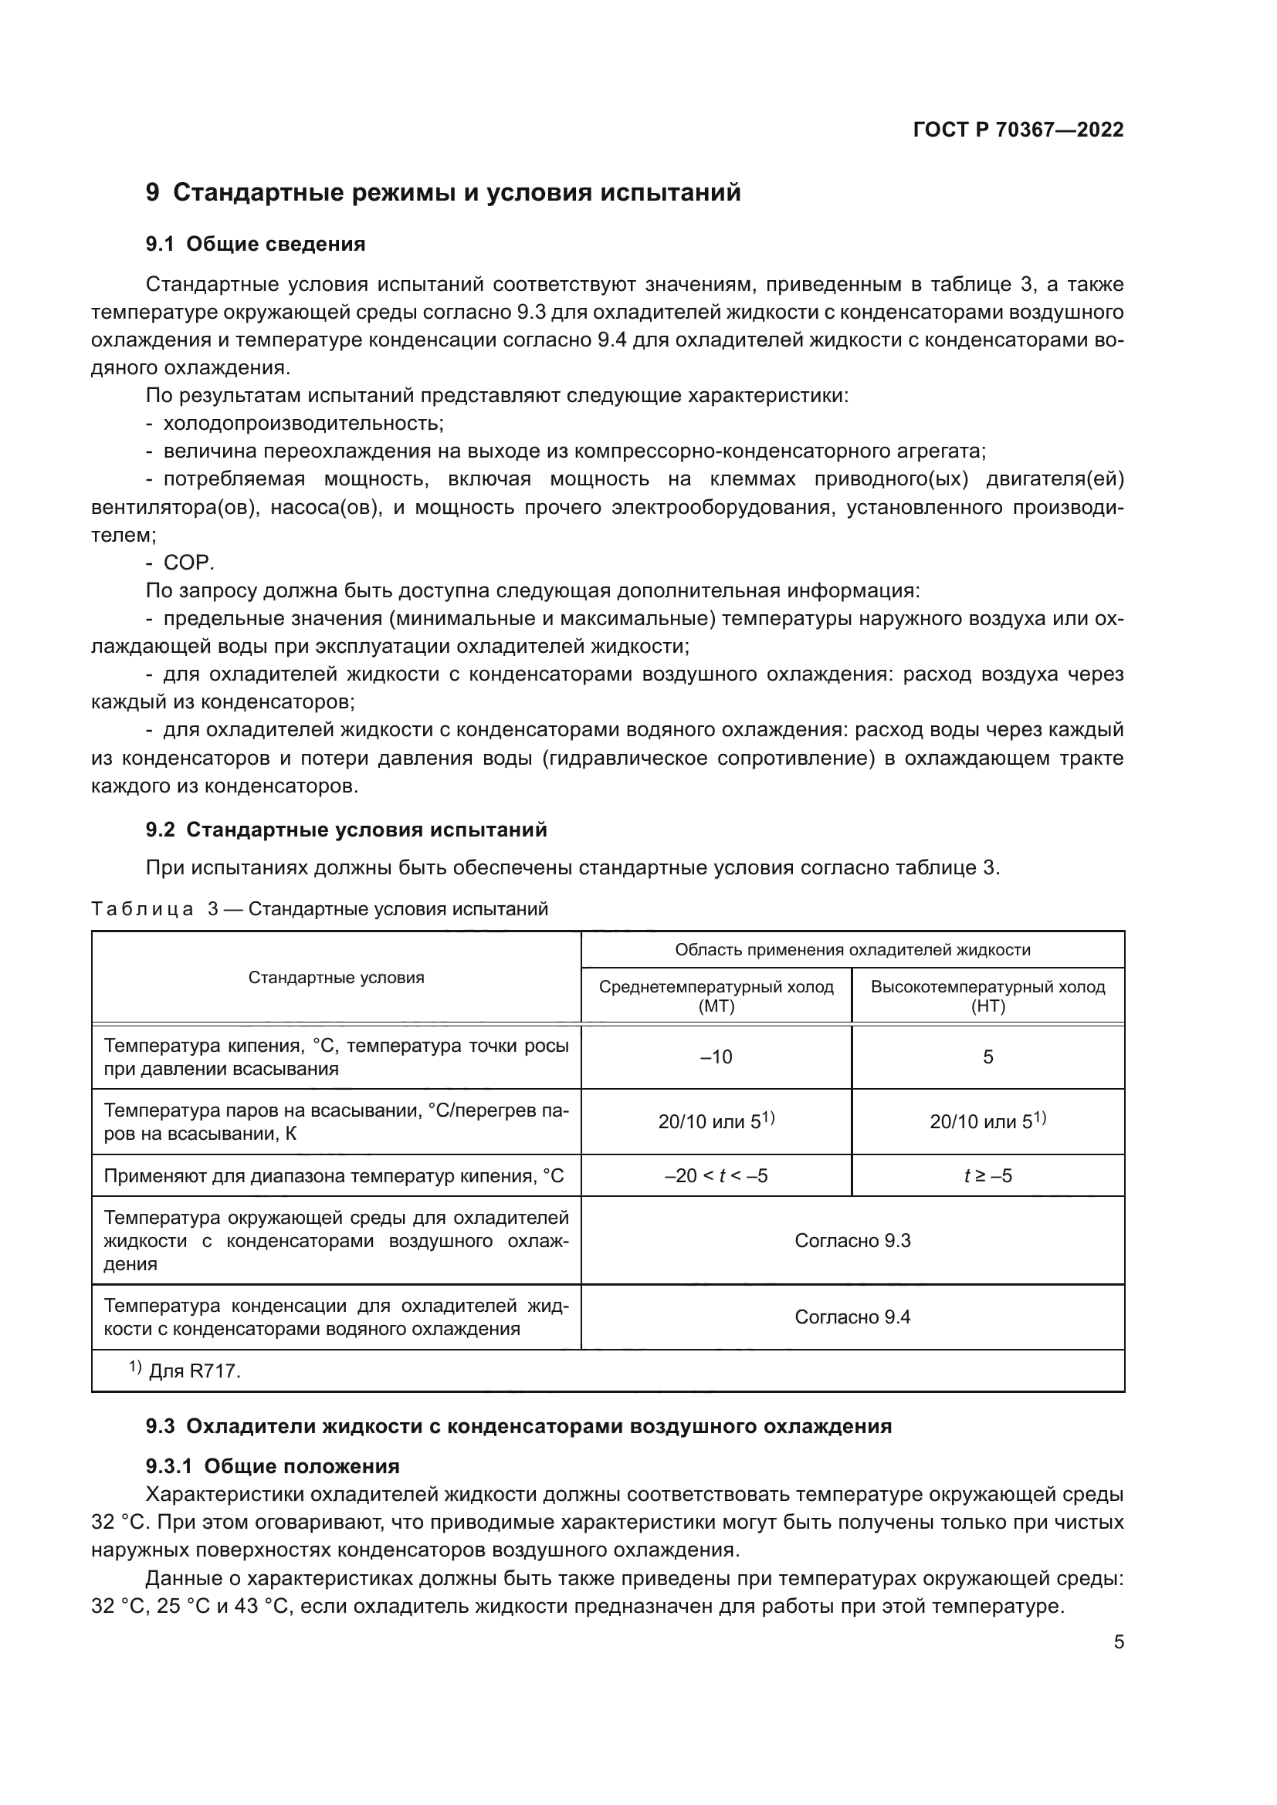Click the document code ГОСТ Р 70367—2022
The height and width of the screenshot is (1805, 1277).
pyautogui.click(x=1018, y=130)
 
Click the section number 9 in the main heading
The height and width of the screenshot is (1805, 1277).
pyautogui.click(x=153, y=193)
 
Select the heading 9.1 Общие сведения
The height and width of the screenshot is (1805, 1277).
pyautogui.click(x=256, y=244)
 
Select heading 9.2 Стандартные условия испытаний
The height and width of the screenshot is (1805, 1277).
pyautogui.click(x=346, y=830)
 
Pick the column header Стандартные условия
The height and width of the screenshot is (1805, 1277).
pyautogui.click(x=336, y=977)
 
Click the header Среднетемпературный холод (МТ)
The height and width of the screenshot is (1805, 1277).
pyautogui.click(x=716, y=996)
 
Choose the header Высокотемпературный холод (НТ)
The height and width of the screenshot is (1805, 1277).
pyautogui.click(x=987, y=996)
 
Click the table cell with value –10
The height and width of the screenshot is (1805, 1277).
pyautogui.click(x=716, y=1057)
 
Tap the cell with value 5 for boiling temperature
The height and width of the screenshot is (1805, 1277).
pyautogui.click(x=987, y=1057)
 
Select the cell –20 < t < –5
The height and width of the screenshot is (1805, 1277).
pyautogui.click(x=716, y=1176)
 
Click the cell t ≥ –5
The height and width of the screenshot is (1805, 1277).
pyautogui.click(x=987, y=1176)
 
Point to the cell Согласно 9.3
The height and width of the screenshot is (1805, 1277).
pyautogui.click(x=852, y=1241)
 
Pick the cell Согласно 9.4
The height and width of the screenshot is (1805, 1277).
pyautogui.click(x=852, y=1317)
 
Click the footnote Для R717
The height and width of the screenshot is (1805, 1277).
pyautogui.click(x=194, y=1371)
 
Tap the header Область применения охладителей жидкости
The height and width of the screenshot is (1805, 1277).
pyautogui.click(x=852, y=950)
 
